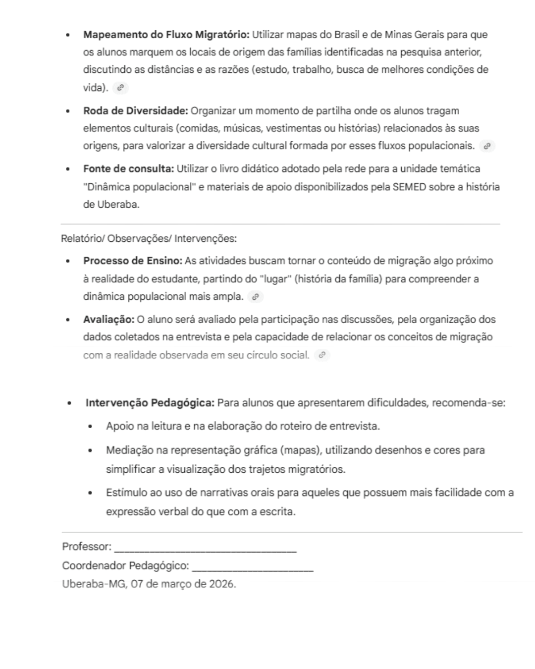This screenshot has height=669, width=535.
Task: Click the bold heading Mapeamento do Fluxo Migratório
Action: [x=166, y=35]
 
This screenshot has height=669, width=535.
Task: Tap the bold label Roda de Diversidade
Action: [x=135, y=111]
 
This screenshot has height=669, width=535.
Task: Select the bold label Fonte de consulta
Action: [x=128, y=168]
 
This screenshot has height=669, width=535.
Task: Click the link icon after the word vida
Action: [x=120, y=88]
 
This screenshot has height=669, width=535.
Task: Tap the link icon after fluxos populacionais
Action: [x=487, y=146]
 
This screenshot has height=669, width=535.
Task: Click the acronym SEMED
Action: [x=409, y=187]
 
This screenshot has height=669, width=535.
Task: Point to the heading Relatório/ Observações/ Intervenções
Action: [x=149, y=238]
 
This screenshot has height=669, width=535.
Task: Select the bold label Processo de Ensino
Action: [x=133, y=261]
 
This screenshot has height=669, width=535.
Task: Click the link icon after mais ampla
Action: [x=255, y=297]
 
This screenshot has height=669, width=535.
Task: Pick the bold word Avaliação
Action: [x=108, y=319]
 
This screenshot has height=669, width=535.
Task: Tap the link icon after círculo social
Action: [x=322, y=355]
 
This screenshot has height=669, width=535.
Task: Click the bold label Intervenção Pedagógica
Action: [x=150, y=402]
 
